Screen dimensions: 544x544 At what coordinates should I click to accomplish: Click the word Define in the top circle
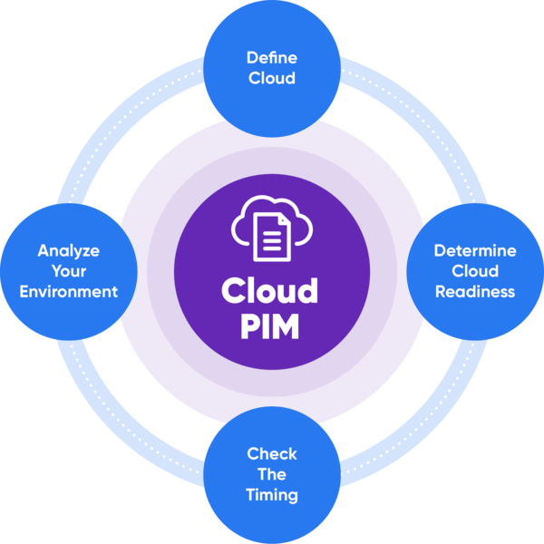pyautogui.click(x=271, y=58)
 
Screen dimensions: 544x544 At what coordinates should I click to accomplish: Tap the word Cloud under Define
pyautogui.click(x=272, y=78)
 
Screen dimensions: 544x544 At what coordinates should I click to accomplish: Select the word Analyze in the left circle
pyautogui.click(x=68, y=250)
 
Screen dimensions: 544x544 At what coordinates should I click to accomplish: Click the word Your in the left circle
pyautogui.click(x=68, y=271)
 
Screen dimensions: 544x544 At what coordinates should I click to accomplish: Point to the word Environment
pyautogui.click(x=69, y=292)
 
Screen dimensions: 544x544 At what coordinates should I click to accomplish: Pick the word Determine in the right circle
pyautogui.click(x=475, y=250)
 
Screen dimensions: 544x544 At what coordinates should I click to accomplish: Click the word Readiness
pyautogui.click(x=475, y=292)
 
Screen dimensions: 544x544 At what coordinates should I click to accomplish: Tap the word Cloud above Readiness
pyautogui.click(x=475, y=271)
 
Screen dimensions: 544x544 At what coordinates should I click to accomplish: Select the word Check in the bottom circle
pyautogui.click(x=272, y=454)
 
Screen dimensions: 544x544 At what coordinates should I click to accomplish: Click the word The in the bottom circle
pyautogui.click(x=272, y=475)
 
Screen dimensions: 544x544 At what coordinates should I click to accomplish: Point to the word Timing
pyautogui.click(x=272, y=496)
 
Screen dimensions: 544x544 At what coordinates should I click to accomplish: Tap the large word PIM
pyautogui.click(x=270, y=325)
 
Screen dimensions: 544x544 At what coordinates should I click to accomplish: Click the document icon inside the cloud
pyautogui.click(x=271, y=234)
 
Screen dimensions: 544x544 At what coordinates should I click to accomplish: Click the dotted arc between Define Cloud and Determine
pyautogui.click(x=399, y=118)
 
